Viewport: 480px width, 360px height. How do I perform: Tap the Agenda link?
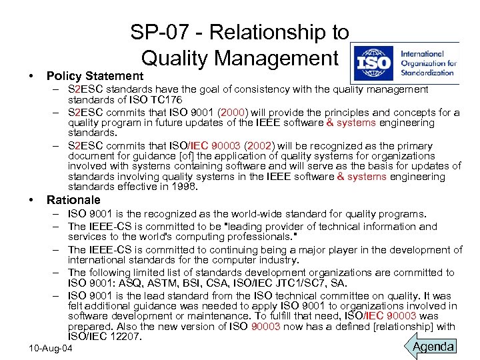point(434,346)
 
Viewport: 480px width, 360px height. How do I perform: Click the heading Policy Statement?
point(95,76)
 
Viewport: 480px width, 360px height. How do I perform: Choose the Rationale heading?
point(73,200)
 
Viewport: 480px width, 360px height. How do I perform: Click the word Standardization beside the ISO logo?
point(428,73)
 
